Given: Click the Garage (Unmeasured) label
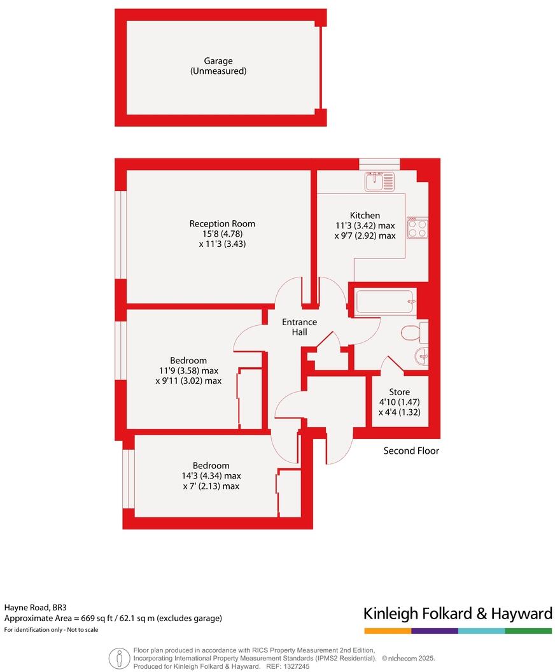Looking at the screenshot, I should point(218,66).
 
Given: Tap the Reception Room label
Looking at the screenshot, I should point(222,223).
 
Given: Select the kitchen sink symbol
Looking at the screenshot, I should point(379,181).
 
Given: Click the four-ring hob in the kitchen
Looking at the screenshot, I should point(418,228).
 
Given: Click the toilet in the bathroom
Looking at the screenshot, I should point(413,332).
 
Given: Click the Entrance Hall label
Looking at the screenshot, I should point(300,327).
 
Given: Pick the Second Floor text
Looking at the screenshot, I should point(411,451).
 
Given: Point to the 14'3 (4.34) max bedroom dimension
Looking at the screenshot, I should point(211,475).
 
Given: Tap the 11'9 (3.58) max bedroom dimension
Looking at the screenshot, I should point(188,370).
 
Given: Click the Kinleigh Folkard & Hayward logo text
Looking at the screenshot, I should point(458,613).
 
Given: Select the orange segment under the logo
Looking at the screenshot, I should point(388,631).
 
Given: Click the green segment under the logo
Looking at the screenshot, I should point(528,631).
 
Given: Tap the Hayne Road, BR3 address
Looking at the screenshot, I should point(35,608).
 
